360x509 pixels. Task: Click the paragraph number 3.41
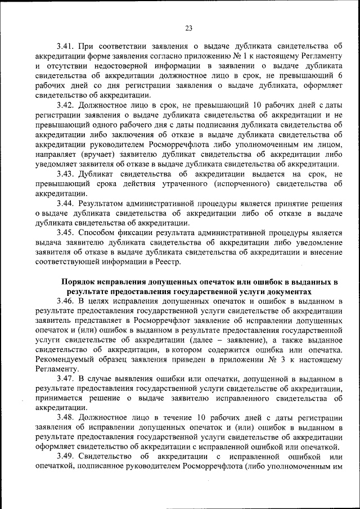pyautogui.click(x=66, y=46)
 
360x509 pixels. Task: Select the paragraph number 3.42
pyautogui.click(x=66, y=105)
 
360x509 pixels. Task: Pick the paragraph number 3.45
pyautogui.click(x=66, y=232)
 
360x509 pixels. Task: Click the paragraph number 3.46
pyautogui.click(x=66, y=301)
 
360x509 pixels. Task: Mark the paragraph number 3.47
pyautogui.click(x=66, y=380)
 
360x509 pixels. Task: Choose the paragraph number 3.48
pyautogui.click(x=66, y=419)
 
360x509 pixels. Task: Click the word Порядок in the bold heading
pyautogui.click(x=78, y=282)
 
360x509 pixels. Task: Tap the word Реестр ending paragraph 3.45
pyautogui.click(x=166, y=262)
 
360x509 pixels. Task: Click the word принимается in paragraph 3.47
pyautogui.click(x=59, y=399)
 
